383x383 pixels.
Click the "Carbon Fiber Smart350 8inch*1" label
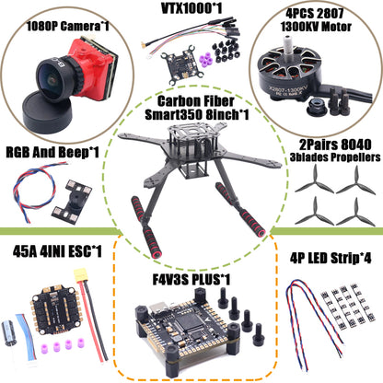(x=191, y=109)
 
